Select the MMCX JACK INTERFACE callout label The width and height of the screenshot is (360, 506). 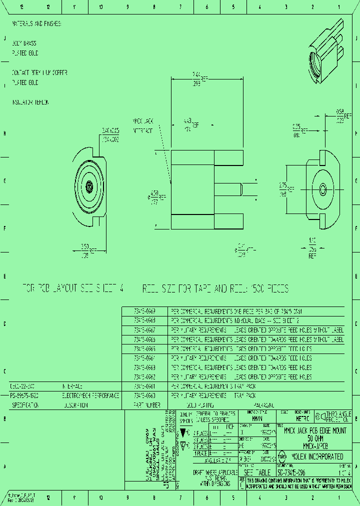pyautogui.click(x=142, y=125)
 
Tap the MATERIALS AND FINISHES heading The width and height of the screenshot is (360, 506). pyautogui.click(x=36, y=23)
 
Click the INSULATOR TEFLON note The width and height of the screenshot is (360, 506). pyautogui.click(x=30, y=102)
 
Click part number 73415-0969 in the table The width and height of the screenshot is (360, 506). pyautogui.click(x=144, y=311)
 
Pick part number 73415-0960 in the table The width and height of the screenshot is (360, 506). pyautogui.click(x=144, y=395)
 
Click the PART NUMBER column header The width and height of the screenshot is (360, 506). pyautogui.click(x=146, y=404)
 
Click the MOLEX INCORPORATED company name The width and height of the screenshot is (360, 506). pyautogui.click(x=317, y=456)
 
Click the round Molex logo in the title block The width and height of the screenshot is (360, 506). pyautogui.click(x=282, y=456)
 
